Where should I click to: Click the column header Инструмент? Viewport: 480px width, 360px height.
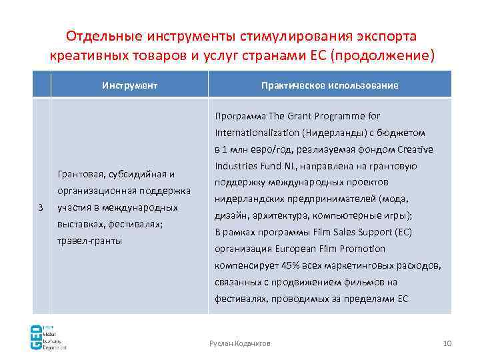[x=129, y=86]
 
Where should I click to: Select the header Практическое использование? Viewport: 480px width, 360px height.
[x=330, y=86]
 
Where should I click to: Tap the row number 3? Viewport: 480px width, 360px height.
[x=41, y=207]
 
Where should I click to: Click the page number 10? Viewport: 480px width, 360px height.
[x=447, y=343]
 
